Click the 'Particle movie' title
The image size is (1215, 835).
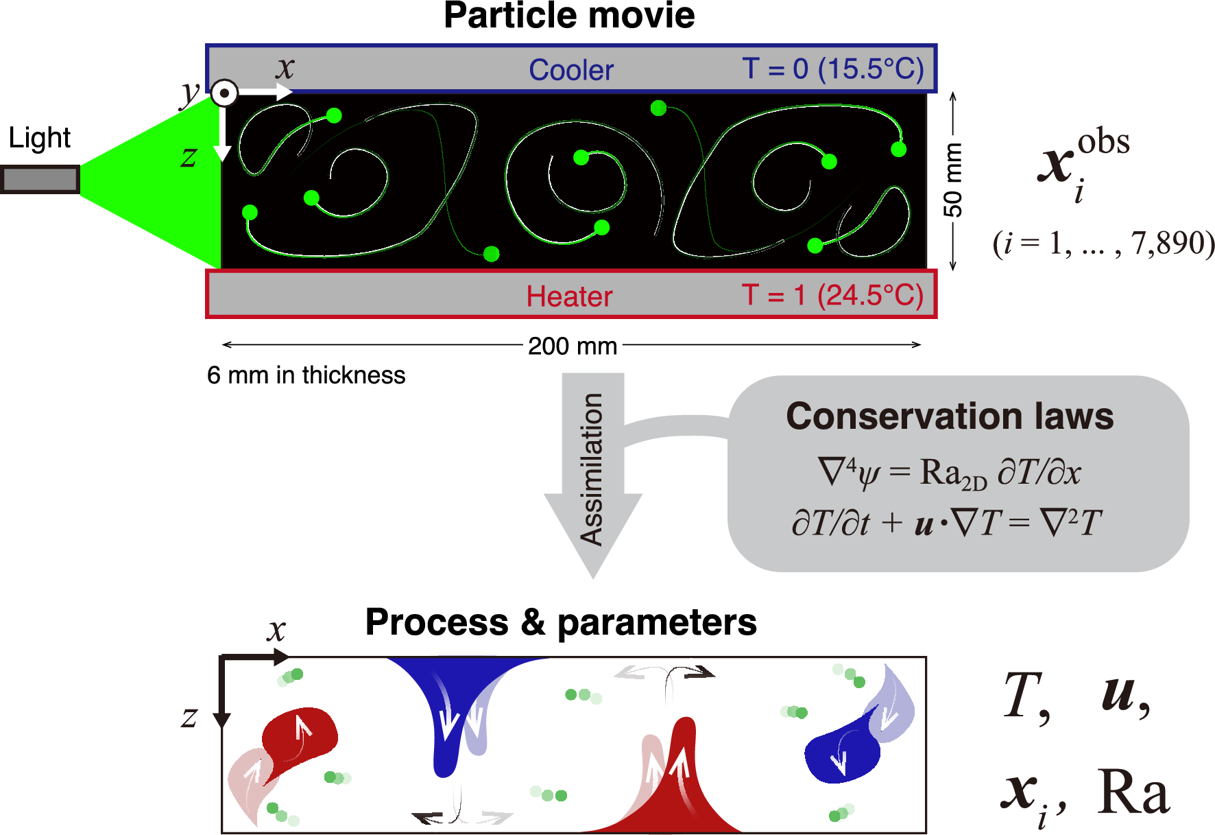pyautogui.click(x=569, y=16)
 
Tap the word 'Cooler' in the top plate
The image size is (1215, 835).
pyautogui.click(x=570, y=70)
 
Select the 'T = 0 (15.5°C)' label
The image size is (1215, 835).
pyautogui.click(x=832, y=69)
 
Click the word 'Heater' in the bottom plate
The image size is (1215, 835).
pyautogui.click(x=569, y=296)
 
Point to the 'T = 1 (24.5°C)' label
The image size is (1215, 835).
pyautogui.click(x=832, y=295)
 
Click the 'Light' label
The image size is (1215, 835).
pyautogui.click(x=39, y=138)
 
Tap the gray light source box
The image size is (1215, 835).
pyautogui.click(x=40, y=180)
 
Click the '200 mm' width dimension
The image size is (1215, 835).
pyautogui.click(x=573, y=346)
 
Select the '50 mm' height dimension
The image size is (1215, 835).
pyautogui.click(x=952, y=180)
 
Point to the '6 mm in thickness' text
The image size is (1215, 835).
pyautogui.click(x=306, y=375)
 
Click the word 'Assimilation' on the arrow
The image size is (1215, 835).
pyautogui.click(x=592, y=469)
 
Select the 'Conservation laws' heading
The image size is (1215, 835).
pyautogui.click(x=950, y=416)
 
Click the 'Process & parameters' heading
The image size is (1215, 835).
pyautogui.click(x=560, y=622)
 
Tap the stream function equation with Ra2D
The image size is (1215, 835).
pyautogui.click(x=949, y=473)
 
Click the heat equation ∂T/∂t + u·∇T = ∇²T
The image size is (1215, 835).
pyautogui.click(x=946, y=523)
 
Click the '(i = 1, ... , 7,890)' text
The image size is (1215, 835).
pyautogui.click(x=1103, y=244)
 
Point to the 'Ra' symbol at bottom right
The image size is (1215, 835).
pyautogui.click(x=1133, y=794)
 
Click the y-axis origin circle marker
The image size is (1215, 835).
pyautogui.click(x=224, y=93)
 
